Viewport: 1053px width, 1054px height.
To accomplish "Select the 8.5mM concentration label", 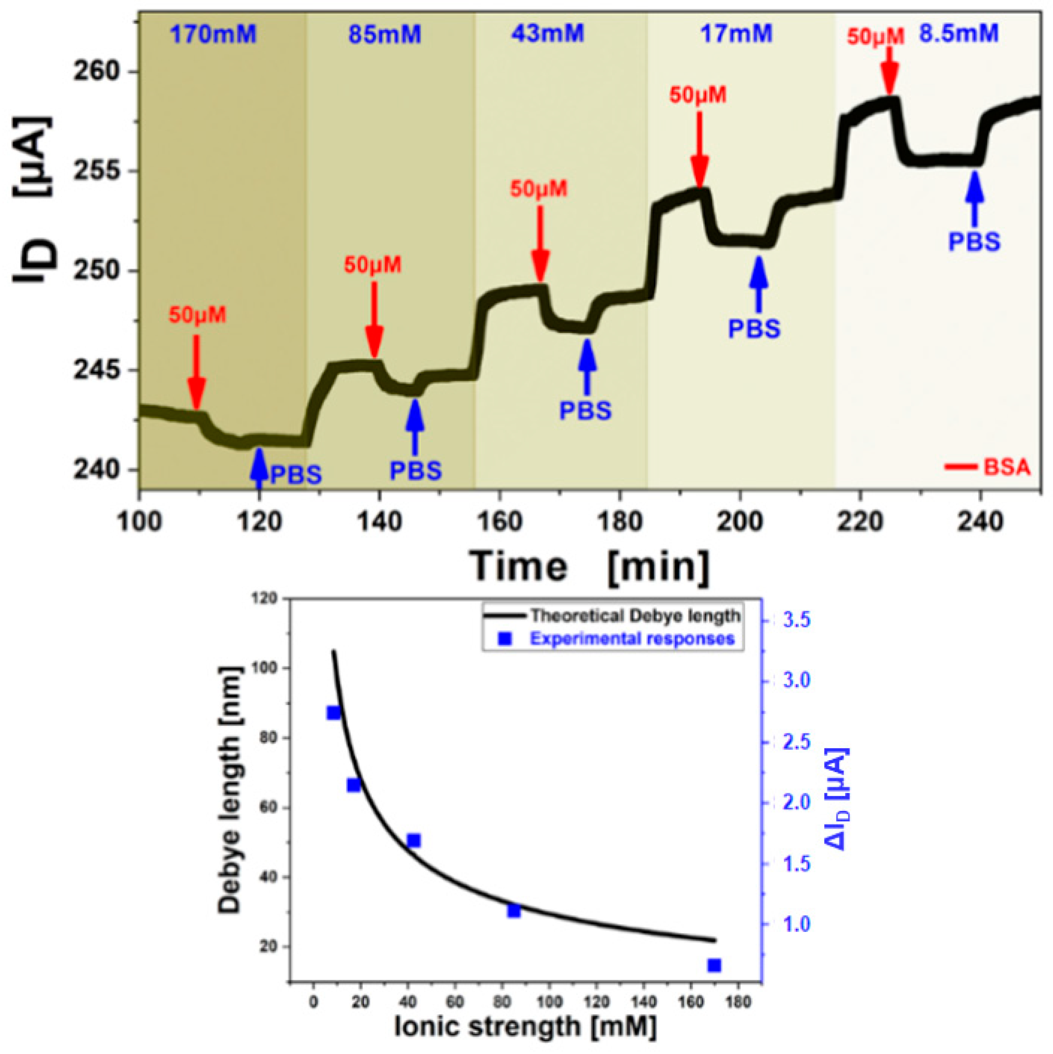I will point(959,34).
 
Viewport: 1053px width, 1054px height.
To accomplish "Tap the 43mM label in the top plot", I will point(548,34).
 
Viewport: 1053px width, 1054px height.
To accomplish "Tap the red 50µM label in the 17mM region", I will point(698,96).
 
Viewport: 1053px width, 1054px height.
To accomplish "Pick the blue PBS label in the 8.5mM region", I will point(974,242).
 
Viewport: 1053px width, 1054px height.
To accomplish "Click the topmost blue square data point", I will point(333,713).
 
